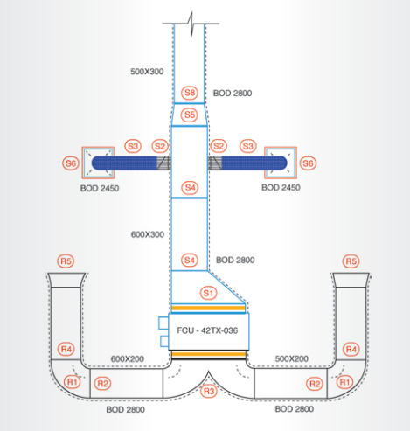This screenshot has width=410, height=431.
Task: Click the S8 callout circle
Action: click(190, 93)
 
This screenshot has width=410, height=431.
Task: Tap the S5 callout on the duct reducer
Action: click(190, 115)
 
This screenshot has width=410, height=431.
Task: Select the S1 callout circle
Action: click(209, 293)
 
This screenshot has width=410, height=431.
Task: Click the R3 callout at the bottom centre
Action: click(209, 391)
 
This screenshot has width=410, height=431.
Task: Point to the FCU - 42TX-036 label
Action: click(207, 330)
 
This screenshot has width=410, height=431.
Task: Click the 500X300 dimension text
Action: click(147, 72)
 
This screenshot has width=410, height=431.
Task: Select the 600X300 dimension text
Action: click(148, 234)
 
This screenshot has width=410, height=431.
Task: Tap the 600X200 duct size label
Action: click(128, 358)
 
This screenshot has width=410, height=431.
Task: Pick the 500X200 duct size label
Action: click(292, 358)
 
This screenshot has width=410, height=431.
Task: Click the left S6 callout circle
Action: click(71, 163)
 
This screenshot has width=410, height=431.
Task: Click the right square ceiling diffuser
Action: click(281, 163)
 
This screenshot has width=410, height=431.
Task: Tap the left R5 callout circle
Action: click(66, 261)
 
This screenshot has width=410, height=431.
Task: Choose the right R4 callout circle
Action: click(351, 349)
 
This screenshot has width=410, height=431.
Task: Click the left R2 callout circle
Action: click(102, 383)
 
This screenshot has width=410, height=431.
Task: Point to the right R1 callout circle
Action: click(344, 382)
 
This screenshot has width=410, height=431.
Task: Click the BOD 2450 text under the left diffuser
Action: click(100, 188)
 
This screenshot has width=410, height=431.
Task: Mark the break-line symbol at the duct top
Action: click(191, 24)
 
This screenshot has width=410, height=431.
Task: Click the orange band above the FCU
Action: click(208, 308)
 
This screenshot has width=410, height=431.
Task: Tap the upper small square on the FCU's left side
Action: click(163, 323)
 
